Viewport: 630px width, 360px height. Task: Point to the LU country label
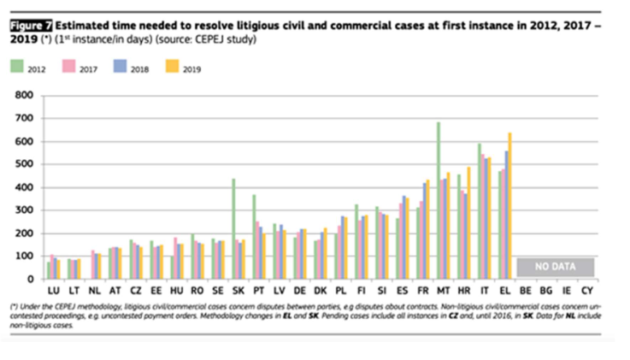(54, 290)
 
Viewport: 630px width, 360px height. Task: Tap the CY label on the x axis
(586, 290)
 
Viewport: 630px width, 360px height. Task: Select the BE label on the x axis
(525, 290)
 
